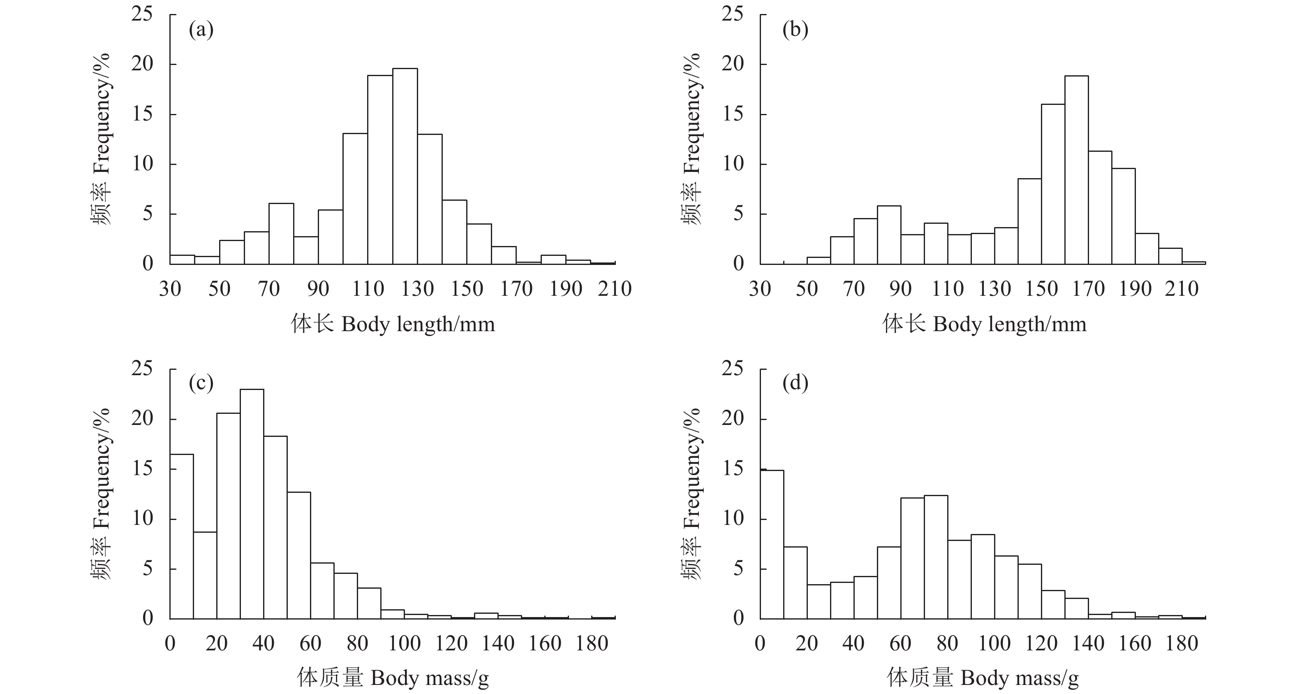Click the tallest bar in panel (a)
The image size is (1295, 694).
pos(405,166)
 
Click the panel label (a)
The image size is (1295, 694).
pos(201,30)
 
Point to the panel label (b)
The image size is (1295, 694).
pos(795,30)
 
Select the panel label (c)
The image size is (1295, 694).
pos(201,384)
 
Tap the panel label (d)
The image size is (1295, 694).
pos(795,384)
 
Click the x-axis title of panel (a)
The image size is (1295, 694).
pos(393,324)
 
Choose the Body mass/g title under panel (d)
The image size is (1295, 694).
pos(983,678)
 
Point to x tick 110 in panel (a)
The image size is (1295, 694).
pos(368,289)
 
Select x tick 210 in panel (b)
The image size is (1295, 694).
pos(1182,289)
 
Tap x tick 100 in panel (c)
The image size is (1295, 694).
pos(404,644)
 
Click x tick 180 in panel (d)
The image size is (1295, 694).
pos(1182,644)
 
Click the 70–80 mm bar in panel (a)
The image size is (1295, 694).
pos(281,234)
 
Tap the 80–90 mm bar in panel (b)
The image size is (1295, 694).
pos(889,235)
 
